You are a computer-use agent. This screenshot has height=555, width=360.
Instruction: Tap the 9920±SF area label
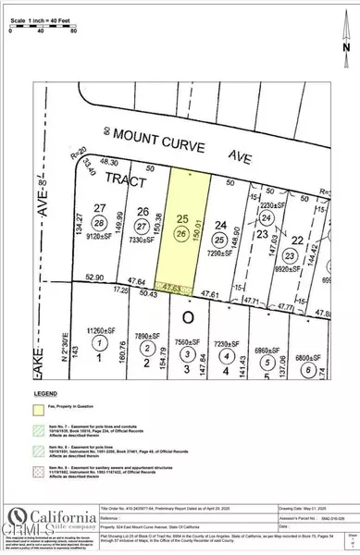(292, 246)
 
